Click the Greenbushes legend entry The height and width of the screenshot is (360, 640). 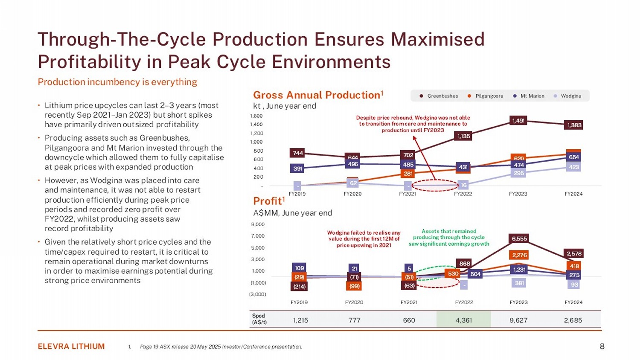coord(439,96)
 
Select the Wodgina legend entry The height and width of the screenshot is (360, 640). coord(568,96)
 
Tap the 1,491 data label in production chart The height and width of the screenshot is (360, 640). coord(518,121)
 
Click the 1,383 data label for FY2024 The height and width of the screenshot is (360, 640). coord(574,125)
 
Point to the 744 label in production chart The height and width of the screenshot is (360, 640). coord(298,153)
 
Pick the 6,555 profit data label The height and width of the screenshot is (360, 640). coord(519,239)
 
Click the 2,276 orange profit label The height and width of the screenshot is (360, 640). coord(519,255)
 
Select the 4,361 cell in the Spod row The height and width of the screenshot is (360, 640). coord(464,320)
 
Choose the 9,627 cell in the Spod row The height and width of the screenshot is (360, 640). coord(518,320)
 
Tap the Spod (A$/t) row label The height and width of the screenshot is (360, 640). coord(259,319)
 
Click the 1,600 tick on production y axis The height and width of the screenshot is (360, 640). coord(256,116)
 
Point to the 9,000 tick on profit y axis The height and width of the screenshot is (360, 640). coord(258,224)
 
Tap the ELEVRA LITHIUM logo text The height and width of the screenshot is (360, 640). coord(71,346)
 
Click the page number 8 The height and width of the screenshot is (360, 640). coord(602,346)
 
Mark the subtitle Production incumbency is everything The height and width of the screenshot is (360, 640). coord(117,82)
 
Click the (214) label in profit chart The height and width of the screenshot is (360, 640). coord(300,287)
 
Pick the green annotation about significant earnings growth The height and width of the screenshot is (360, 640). coord(449,238)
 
